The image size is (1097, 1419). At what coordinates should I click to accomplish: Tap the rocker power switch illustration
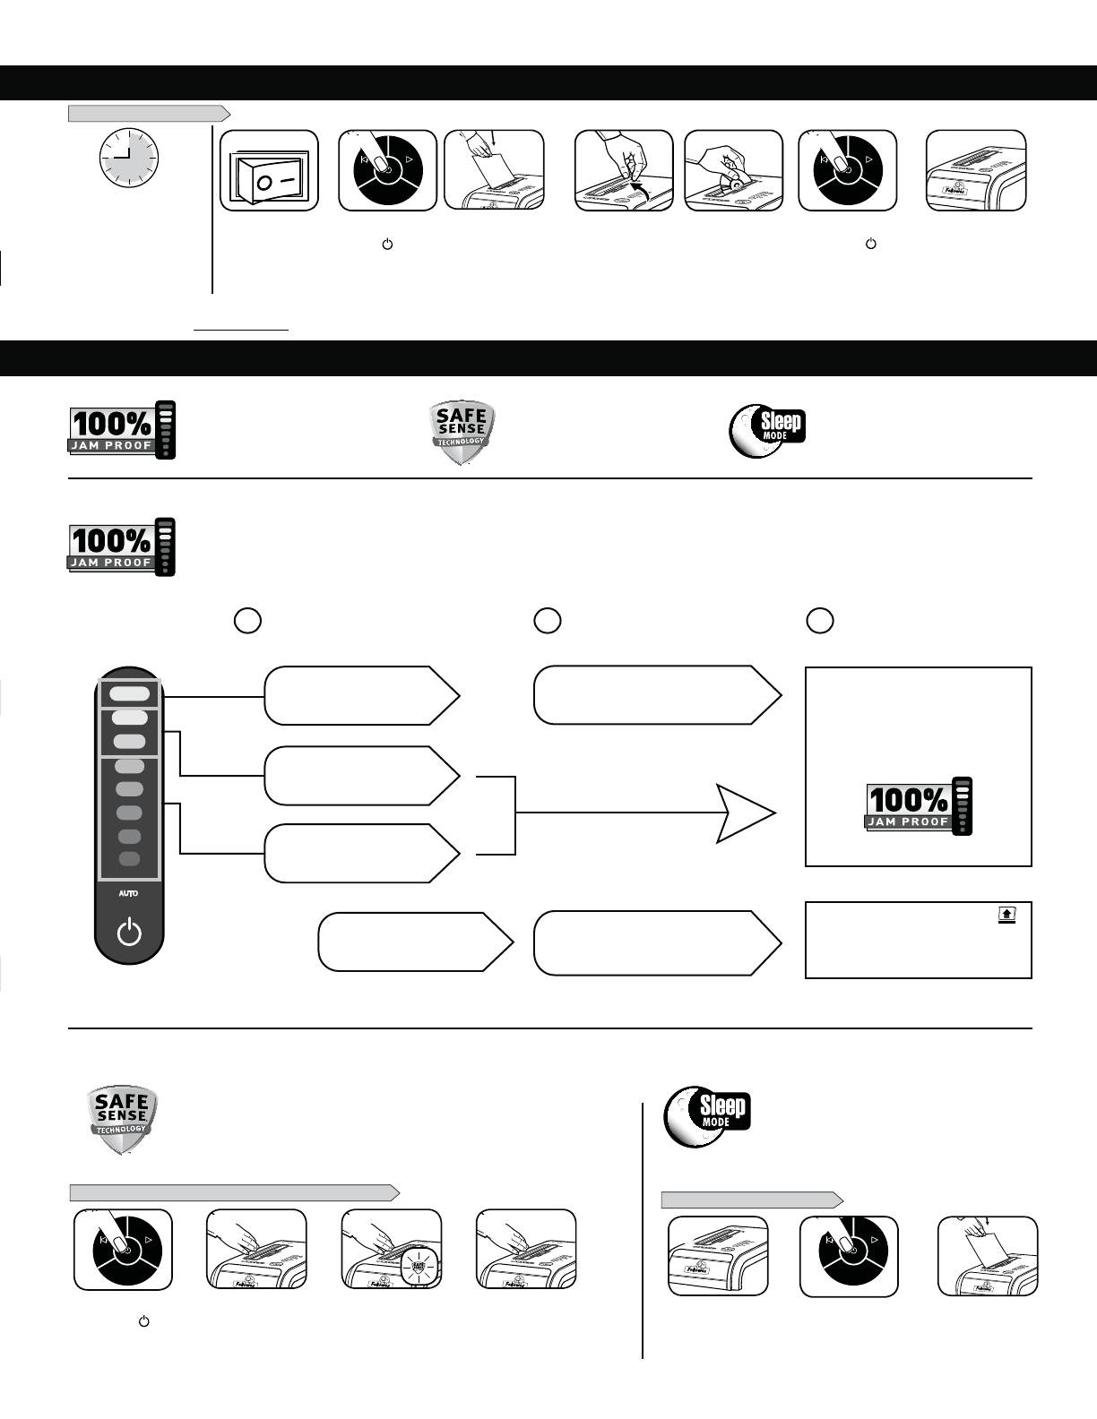tap(269, 171)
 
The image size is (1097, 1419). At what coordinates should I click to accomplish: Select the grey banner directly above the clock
tap(149, 113)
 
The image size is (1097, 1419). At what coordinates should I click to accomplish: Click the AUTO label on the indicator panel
tap(129, 893)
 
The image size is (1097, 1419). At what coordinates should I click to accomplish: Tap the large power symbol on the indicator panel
tap(129, 933)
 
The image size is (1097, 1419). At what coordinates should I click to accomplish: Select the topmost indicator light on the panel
tap(130, 693)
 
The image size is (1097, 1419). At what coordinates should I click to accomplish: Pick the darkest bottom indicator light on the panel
tap(129, 859)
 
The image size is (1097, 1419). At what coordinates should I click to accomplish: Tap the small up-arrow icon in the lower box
tap(1006, 914)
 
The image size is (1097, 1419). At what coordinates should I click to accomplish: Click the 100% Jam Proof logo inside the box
tap(919, 806)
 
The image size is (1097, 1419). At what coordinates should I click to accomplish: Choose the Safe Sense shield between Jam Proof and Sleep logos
tap(462, 433)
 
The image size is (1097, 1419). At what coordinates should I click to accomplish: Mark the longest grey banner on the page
tap(234, 1192)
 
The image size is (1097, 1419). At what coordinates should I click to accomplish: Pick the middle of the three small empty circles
tap(548, 621)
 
